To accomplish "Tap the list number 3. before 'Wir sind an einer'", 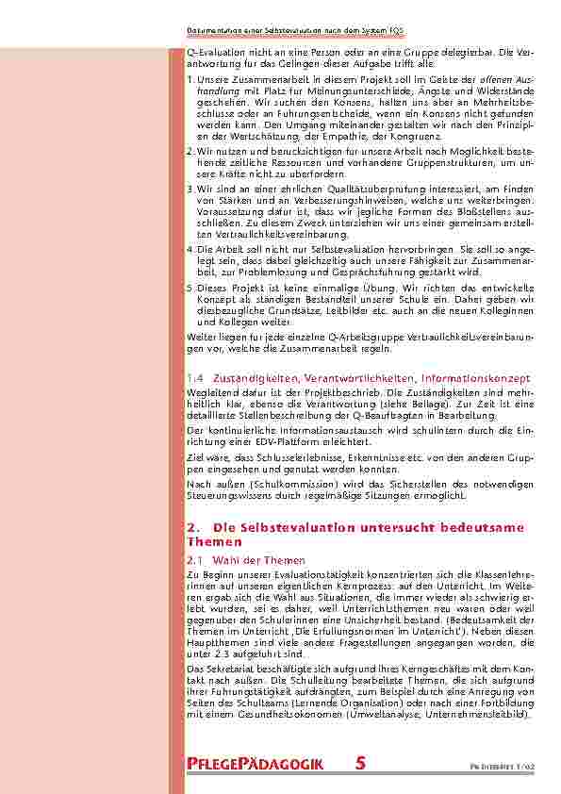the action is click(x=190, y=189).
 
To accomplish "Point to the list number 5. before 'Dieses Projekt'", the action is click(x=190, y=286).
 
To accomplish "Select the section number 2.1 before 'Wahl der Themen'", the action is click(x=195, y=559).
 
